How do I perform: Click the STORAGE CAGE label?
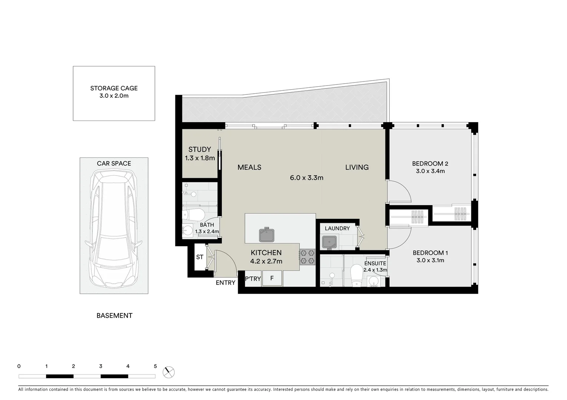click(114, 89)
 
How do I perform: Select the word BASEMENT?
click(114, 316)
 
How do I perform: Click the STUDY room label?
click(200, 150)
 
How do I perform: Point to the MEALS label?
click(249, 167)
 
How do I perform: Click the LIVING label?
click(357, 167)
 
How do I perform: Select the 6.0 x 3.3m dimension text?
click(306, 178)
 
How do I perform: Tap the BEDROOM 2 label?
click(430, 164)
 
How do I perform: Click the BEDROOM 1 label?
click(430, 253)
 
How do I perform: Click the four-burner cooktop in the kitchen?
click(307, 257)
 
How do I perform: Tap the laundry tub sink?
click(329, 243)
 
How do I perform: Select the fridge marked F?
click(272, 279)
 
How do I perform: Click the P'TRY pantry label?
click(253, 279)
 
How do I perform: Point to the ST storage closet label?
click(200, 257)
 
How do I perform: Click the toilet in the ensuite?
click(357, 274)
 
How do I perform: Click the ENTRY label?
click(225, 283)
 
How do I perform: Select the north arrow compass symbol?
click(169, 371)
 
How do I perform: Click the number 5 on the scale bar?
click(155, 366)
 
